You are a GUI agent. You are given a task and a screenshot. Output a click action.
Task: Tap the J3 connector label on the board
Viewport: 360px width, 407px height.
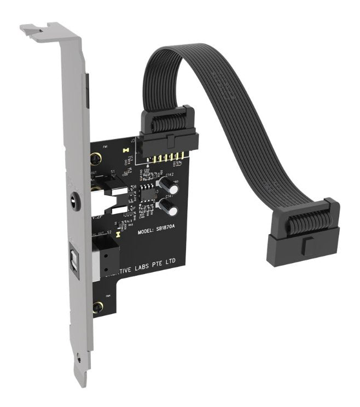click(133, 140)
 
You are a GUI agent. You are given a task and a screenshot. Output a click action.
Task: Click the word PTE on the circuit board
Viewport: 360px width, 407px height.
click(161, 263)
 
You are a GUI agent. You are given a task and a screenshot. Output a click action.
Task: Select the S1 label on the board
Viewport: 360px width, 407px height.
click(113, 172)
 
